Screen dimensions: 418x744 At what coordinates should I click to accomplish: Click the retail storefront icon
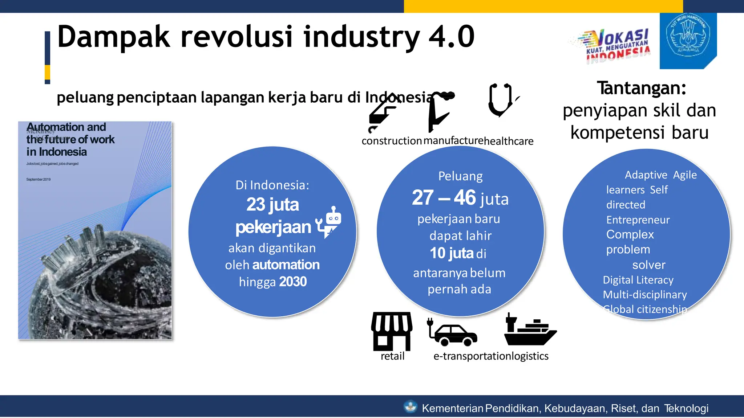(392, 331)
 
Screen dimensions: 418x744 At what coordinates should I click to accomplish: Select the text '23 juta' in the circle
(272, 204)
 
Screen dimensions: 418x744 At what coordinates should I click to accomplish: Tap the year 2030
(293, 282)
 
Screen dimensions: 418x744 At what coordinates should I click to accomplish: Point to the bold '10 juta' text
(452, 253)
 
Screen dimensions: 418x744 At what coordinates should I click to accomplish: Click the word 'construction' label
(392, 141)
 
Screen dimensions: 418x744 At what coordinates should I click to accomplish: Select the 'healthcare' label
(509, 141)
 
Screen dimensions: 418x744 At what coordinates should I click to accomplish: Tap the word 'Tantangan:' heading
(642, 88)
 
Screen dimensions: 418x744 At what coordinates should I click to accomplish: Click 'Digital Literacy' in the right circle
(638, 280)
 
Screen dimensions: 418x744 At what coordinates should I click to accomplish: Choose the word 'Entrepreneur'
(638, 220)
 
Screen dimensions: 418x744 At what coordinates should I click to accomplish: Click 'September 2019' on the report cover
(39, 179)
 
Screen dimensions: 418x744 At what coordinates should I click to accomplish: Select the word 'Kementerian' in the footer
(452, 408)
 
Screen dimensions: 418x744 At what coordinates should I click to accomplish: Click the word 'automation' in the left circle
(286, 265)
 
